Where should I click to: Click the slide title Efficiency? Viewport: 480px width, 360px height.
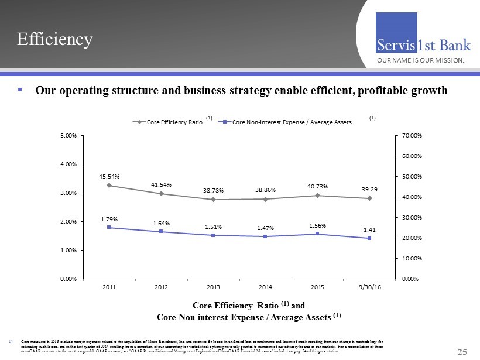[54, 39]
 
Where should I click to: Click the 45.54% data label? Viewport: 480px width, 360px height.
[109, 175]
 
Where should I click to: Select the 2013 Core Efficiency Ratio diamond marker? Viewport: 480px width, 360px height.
[213, 200]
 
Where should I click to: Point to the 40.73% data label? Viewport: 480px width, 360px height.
[317, 186]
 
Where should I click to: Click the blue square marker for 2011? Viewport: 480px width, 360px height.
[109, 227]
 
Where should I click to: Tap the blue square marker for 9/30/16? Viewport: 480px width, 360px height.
[369, 238]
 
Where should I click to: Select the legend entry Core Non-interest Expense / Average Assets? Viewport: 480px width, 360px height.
[292, 122]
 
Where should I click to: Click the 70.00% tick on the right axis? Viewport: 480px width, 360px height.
[410, 136]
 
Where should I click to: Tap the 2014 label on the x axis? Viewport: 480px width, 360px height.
[265, 287]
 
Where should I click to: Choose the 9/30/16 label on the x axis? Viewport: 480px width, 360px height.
[369, 287]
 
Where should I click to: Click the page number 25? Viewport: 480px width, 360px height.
[462, 351]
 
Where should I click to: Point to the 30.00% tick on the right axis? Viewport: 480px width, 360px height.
[410, 217]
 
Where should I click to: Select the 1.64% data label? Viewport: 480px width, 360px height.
[161, 222]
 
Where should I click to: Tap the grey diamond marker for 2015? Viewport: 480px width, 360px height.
[317, 196]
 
